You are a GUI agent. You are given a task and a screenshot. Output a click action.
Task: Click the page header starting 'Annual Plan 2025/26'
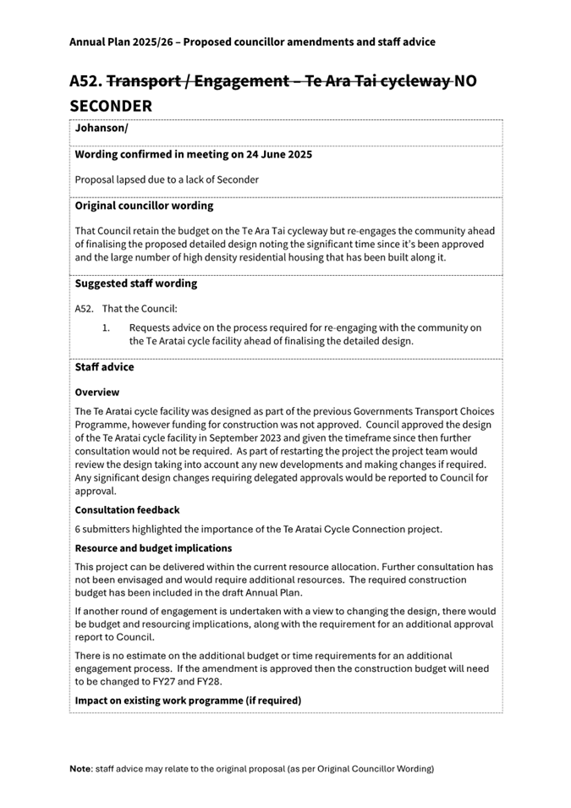coord(252,41)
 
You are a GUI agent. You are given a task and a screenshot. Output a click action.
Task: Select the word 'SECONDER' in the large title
coord(111,107)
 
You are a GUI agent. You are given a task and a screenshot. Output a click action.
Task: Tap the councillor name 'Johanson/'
coord(101,129)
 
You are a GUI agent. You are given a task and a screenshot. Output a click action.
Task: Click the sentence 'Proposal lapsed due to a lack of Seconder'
coord(167,179)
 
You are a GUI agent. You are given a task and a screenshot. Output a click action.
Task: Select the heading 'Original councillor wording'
coord(144,206)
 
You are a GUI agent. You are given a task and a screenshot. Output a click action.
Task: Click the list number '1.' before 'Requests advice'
coord(107,327)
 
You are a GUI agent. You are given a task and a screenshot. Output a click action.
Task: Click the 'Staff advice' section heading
coord(104,367)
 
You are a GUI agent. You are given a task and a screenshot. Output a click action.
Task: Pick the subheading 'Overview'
coord(97,393)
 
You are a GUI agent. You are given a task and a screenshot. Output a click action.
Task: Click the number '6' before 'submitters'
coord(78,530)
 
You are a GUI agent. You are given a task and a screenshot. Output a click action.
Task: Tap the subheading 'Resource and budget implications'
coord(153,548)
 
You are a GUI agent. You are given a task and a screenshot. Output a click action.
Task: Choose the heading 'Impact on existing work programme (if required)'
coord(188,701)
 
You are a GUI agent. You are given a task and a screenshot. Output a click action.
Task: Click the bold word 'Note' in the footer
coord(81,769)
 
